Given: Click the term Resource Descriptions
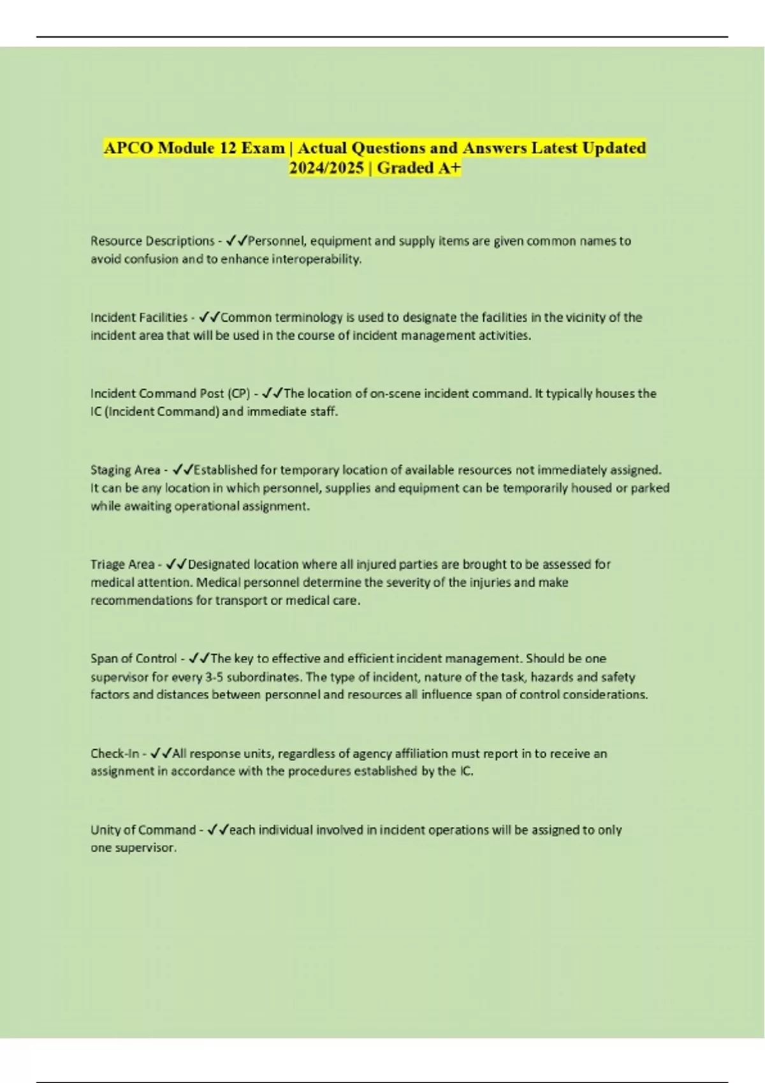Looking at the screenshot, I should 152,241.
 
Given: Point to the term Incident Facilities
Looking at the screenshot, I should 138,317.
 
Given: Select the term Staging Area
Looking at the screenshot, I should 125,470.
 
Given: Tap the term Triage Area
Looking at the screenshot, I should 122,564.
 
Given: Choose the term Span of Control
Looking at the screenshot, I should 133,659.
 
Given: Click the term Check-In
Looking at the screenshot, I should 115,754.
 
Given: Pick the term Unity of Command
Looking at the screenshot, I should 143,830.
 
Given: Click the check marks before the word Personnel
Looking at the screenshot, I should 237,241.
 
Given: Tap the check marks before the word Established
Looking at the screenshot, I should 183,470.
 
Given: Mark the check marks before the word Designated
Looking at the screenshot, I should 176,564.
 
